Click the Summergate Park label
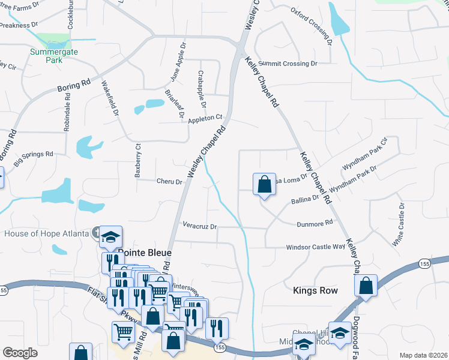pos(46,56)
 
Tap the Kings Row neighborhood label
pos(315,290)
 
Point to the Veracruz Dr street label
pos(199,227)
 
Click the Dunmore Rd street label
pos(315,224)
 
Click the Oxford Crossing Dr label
pos(312,26)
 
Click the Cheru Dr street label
pos(169,181)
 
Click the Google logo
pos(20,353)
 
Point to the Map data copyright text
pos(423,355)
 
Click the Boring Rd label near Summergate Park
pos(74,88)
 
